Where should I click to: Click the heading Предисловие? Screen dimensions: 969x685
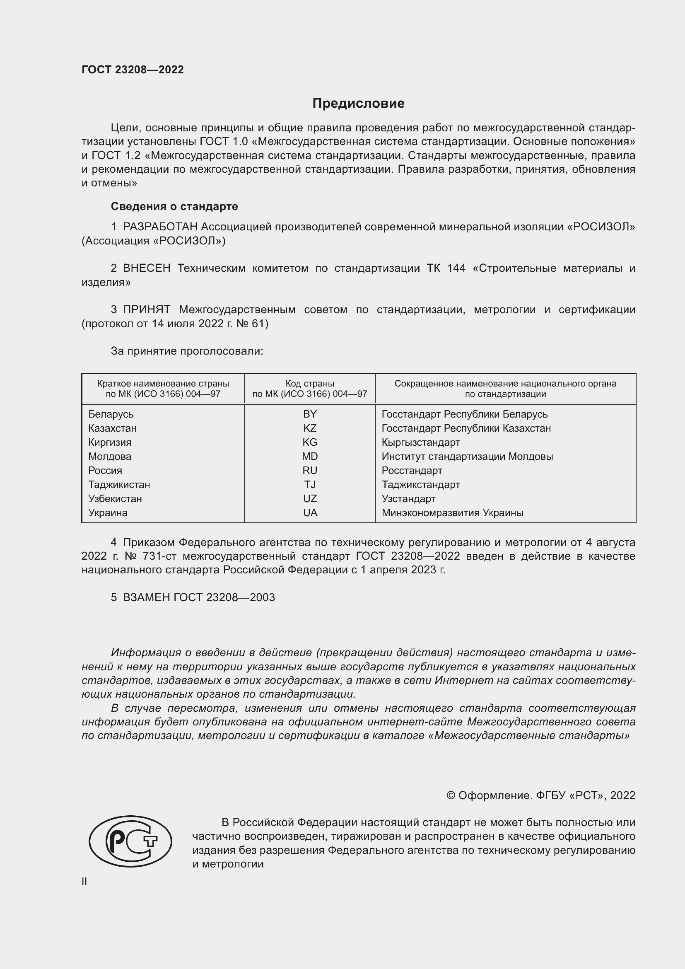point(358,103)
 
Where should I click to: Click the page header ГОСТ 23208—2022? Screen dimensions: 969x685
point(133,70)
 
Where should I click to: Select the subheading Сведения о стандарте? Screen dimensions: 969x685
point(174,206)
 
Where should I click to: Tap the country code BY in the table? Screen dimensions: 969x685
point(310,414)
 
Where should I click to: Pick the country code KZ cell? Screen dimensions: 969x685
point(310,428)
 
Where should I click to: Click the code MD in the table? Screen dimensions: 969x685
point(310,456)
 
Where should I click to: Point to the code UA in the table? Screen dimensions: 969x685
point(310,513)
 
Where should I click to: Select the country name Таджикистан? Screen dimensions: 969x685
point(119,485)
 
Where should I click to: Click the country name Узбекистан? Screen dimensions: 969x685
point(115,498)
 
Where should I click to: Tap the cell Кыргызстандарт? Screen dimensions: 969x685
point(420,442)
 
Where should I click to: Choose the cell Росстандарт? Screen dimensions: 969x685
point(412,470)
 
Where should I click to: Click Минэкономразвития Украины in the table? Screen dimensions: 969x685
point(452,513)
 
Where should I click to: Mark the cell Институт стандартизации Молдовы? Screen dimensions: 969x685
point(467,456)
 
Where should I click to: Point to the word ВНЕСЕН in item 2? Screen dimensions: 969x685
point(146,268)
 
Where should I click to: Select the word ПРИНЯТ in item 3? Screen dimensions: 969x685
point(146,310)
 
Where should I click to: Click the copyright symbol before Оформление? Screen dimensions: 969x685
point(451,795)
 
